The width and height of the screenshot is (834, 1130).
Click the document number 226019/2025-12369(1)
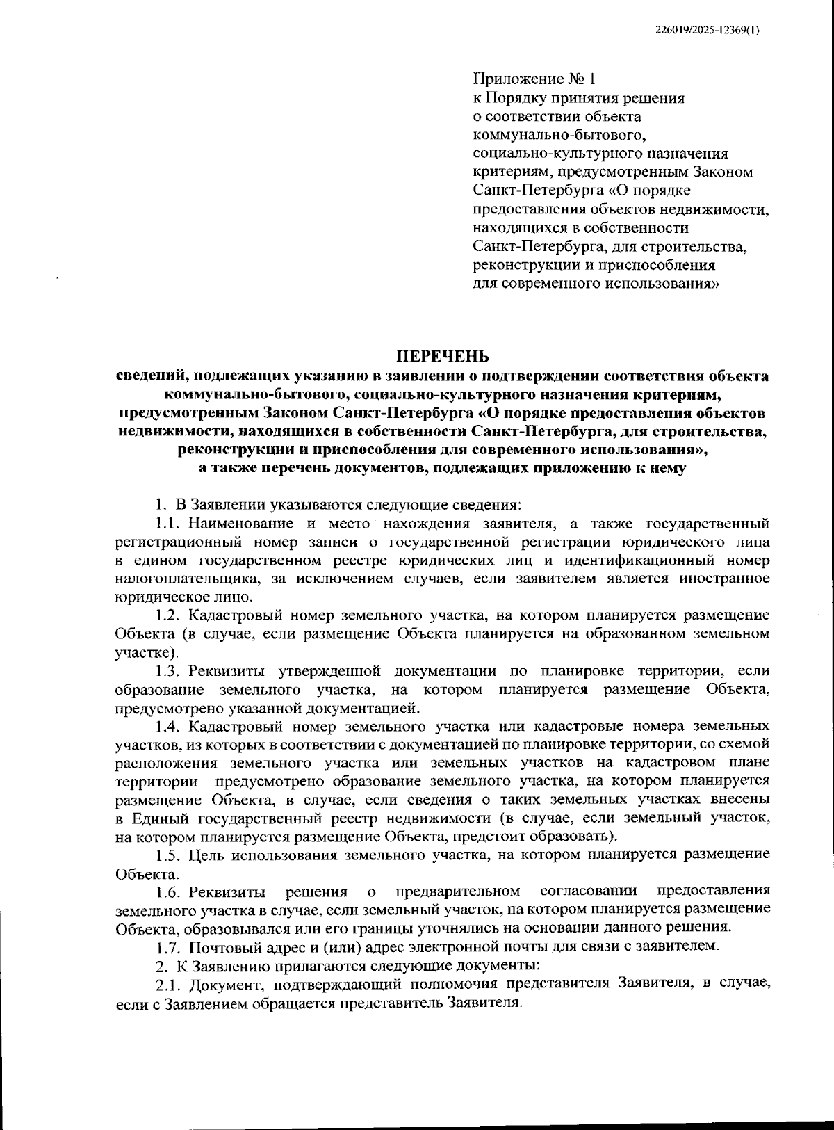pyautogui.click(x=708, y=30)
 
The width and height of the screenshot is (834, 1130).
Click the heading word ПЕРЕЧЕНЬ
pyautogui.click(x=443, y=357)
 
